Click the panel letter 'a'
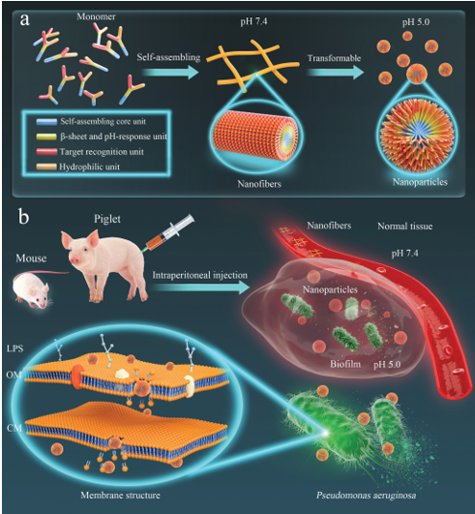pos(24,20)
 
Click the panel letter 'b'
pos(23,217)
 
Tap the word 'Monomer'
pos(96,16)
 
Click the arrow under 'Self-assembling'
pos(171,72)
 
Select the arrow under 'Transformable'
pos(336,72)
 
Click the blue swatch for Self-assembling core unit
pos(46,122)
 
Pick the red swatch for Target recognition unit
pos(46,152)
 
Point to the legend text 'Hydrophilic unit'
pos(89,166)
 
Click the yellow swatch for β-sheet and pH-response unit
pos(46,136)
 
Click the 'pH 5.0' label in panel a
pos(416,22)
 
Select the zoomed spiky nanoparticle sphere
pos(417,137)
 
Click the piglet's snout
pos(75,260)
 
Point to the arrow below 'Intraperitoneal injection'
pos(201,287)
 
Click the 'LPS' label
pos(15,348)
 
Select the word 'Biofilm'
pos(345,364)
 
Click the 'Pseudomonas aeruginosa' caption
pos(367,495)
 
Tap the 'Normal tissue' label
pos(405,227)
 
